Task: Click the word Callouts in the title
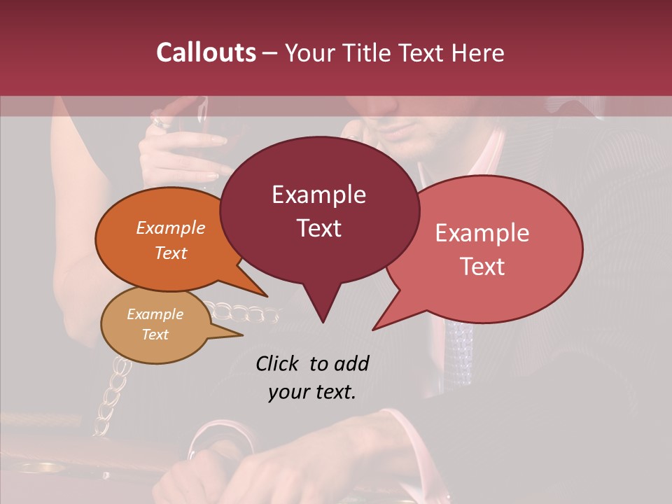click(x=206, y=52)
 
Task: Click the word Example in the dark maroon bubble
click(x=318, y=195)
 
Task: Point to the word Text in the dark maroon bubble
click(x=318, y=228)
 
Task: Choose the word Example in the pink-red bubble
click(x=482, y=233)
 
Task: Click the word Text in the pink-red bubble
click(x=482, y=267)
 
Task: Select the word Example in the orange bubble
click(x=171, y=228)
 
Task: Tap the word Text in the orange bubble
click(x=171, y=253)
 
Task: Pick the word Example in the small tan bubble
click(x=155, y=314)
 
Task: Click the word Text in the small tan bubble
click(x=155, y=335)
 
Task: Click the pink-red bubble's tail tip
click(x=374, y=328)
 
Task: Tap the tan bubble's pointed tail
click(x=240, y=335)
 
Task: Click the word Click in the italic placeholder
click(x=279, y=363)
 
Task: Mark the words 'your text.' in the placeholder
click(x=312, y=392)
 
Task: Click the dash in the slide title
click(x=270, y=52)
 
